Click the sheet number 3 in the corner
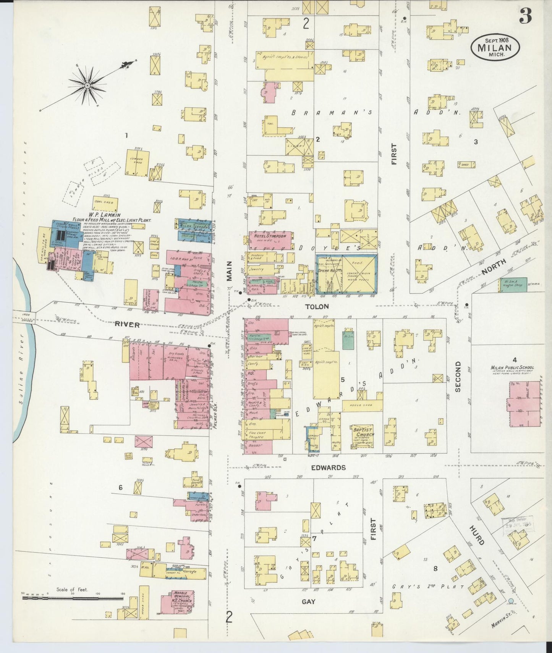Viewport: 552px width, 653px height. tap(526, 16)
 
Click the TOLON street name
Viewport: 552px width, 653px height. tap(317, 307)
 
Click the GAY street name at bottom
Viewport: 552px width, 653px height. tap(308, 601)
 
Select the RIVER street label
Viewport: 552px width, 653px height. tap(128, 324)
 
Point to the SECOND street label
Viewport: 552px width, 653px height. tap(458, 377)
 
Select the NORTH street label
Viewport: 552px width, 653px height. tap(494, 267)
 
